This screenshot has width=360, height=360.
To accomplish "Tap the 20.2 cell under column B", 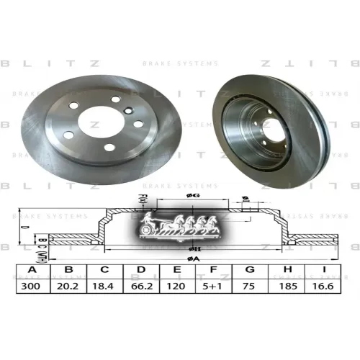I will point(70,286).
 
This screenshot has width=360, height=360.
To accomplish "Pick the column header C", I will point(106,271).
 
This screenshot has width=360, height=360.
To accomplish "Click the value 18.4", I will point(106,286).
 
